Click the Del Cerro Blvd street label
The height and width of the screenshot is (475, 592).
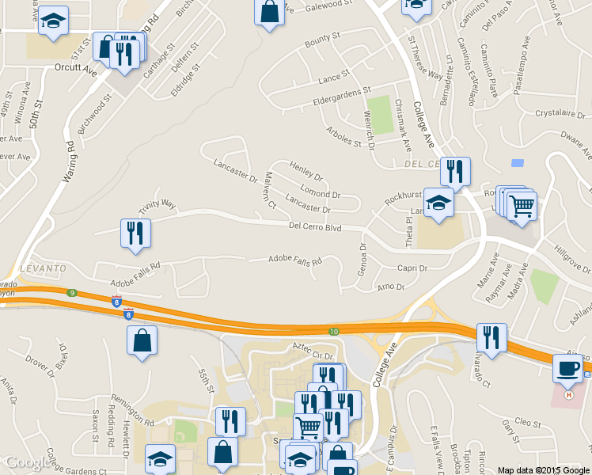click(x=314, y=227)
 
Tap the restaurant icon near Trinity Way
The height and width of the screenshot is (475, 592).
click(x=134, y=233)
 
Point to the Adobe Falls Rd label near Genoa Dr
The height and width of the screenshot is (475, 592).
click(x=295, y=260)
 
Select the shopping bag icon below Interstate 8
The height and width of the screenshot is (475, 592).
click(x=142, y=340)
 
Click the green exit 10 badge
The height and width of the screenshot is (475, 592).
click(x=334, y=331)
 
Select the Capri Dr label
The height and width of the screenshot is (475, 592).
click(x=412, y=268)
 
